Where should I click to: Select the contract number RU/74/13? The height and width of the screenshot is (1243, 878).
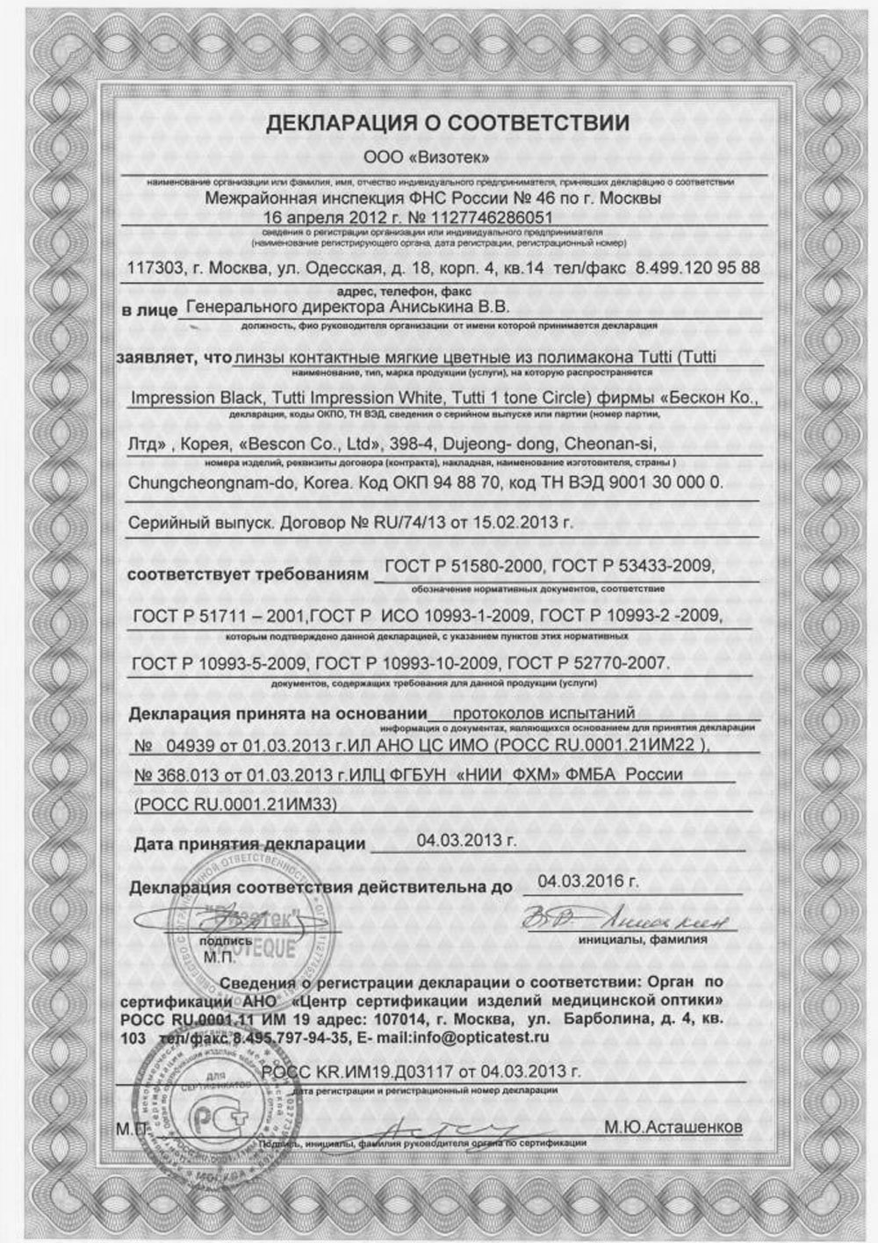click(x=406, y=523)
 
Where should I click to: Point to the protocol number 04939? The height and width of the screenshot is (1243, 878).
click(x=191, y=745)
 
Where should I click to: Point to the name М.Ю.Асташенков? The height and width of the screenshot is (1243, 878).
click(x=674, y=1127)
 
